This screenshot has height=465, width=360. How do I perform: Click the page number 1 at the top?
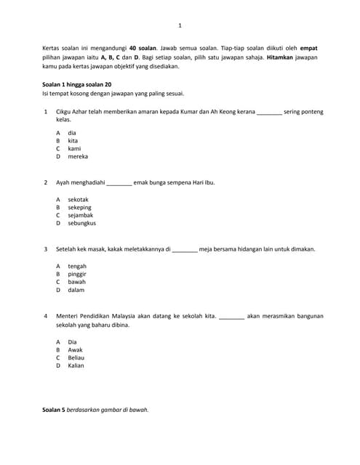coord(180,25)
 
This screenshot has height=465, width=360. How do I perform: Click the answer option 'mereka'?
coord(78,156)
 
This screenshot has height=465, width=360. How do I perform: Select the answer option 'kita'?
coord(73,140)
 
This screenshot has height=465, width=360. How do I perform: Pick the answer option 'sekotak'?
coord(78,199)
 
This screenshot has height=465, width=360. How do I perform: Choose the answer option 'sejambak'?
coord(80,215)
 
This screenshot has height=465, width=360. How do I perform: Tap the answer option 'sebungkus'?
coord(81,223)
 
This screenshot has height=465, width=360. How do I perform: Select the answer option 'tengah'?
coord(76,266)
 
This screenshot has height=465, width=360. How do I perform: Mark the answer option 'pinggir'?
coord(77,274)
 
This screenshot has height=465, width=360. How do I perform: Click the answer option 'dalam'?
coord(76,290)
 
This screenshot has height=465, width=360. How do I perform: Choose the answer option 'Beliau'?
coord(76,357)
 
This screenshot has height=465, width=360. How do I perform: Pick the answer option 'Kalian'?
coord(76,365)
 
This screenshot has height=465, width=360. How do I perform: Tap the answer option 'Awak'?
coord(75,349)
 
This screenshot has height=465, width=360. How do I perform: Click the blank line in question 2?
coord(119,184)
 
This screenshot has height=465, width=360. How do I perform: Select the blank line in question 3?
coord(185,250)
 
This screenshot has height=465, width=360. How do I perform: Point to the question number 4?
coord(46,316)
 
